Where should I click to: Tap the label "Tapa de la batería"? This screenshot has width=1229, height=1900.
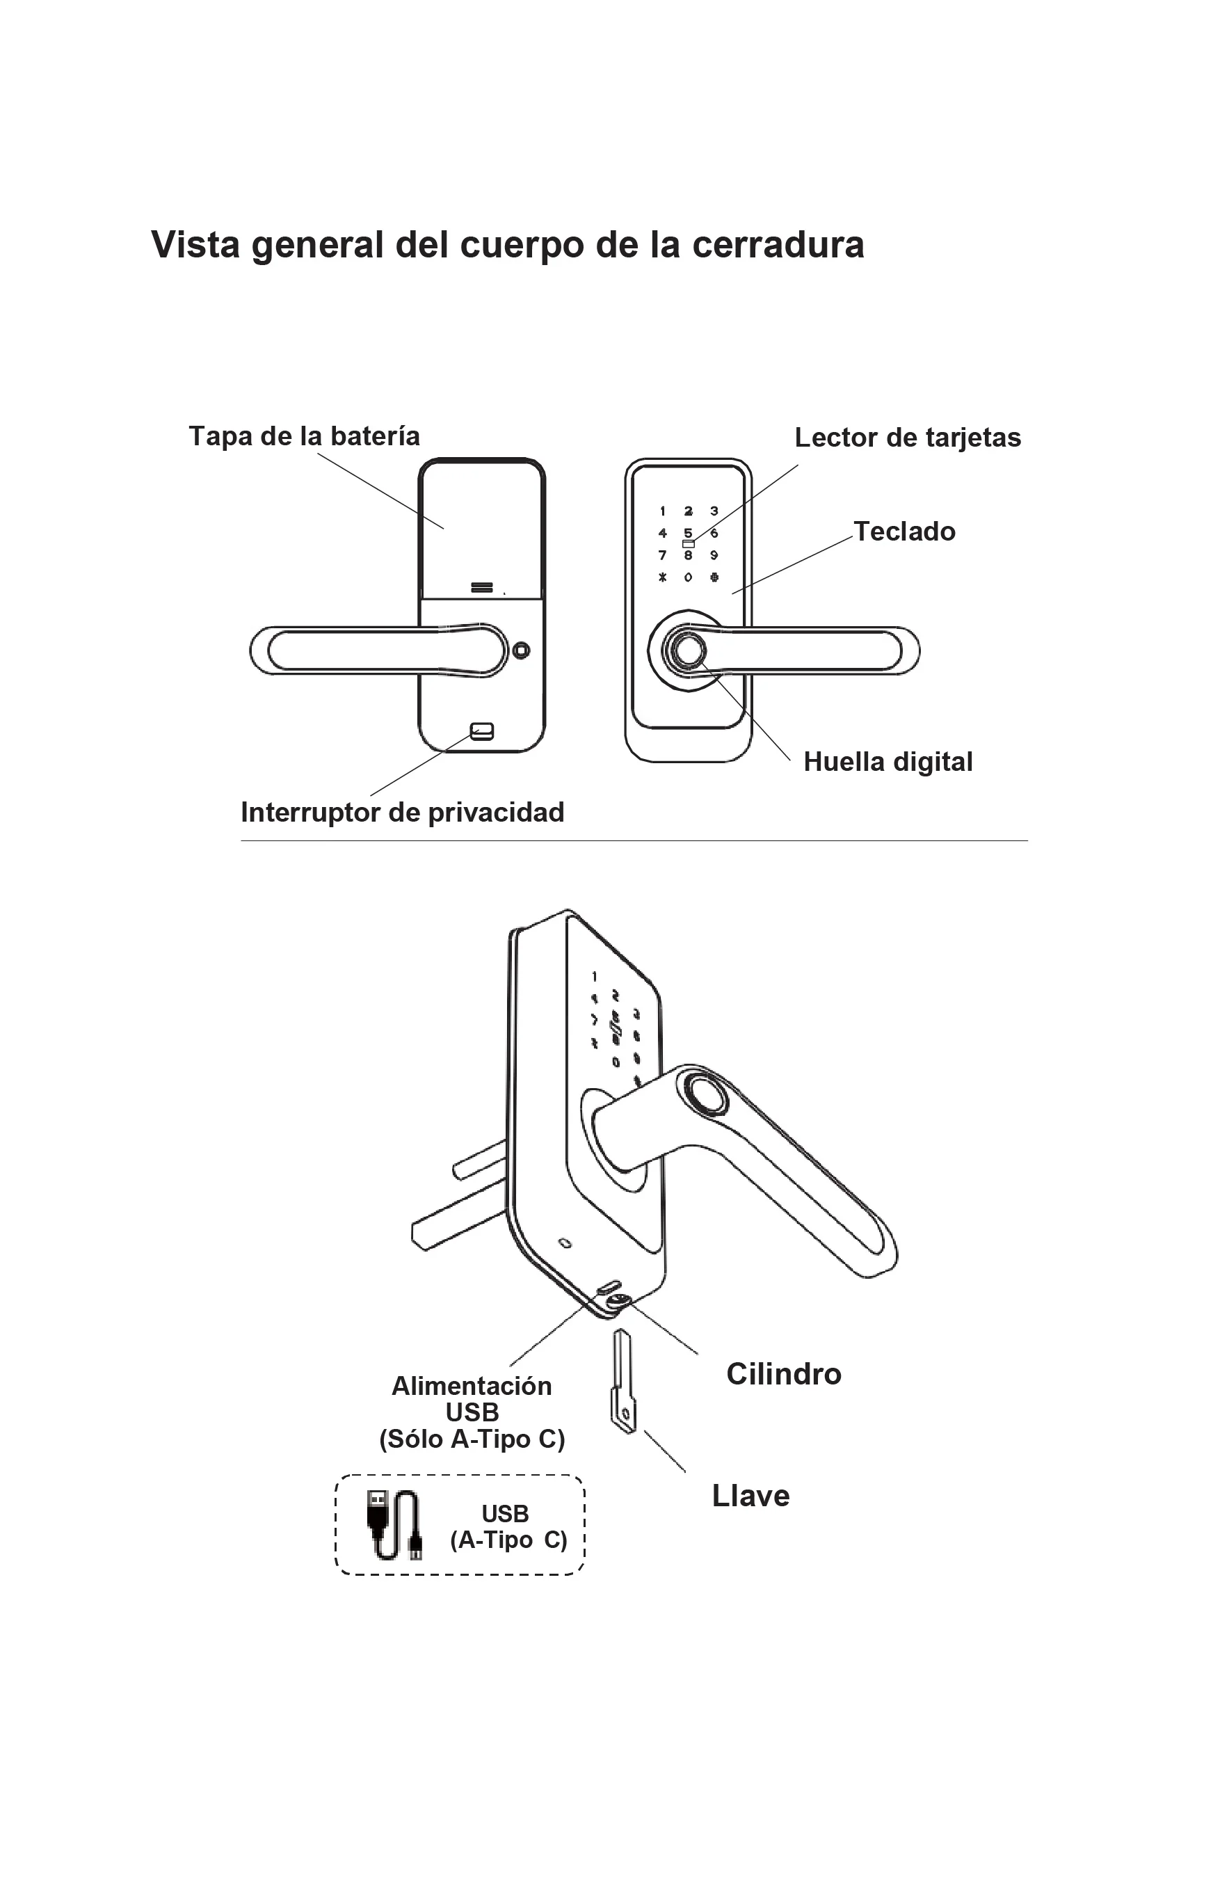(304, 437)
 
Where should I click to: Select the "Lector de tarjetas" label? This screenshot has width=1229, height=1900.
(908, 438)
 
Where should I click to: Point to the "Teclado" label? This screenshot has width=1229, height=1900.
(904, 532)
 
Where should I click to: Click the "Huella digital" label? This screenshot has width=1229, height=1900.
(887, 762)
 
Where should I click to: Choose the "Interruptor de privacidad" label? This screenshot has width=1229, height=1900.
(402, 813)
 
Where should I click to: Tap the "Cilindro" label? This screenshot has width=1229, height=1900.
(783, 1374)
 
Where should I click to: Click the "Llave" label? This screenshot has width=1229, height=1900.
(750, 1496)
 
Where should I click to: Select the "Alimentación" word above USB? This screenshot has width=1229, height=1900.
(472, 1386)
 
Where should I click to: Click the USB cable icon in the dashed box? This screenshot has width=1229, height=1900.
(395, 1524)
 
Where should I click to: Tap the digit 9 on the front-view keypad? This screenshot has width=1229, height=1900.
(714, 556)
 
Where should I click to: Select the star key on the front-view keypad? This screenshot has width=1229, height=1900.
(662, 577)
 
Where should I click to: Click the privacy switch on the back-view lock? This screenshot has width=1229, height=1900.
(482, 731)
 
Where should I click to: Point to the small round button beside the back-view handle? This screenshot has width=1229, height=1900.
(521, 650)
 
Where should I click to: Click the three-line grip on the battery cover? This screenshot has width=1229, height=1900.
(482, 588)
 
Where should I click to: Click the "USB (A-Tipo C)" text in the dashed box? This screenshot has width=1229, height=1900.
(508, 1526)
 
